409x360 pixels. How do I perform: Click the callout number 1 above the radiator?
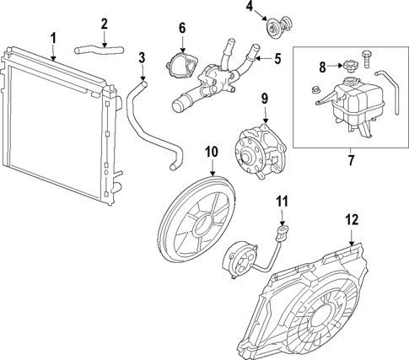click(52, 37)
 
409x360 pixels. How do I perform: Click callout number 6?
click(181, 29)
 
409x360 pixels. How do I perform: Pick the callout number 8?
click(322, 66)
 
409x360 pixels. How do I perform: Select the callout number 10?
click(211, 152)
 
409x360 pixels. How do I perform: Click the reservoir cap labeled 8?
click(346, 67)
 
